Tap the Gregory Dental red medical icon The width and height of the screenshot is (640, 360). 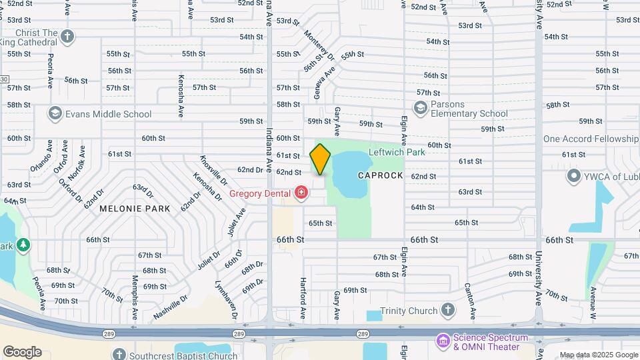[x=301, y=193]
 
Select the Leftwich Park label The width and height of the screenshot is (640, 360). [x=397, y=152]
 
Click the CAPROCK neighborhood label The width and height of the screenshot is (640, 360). [x=380, y=175]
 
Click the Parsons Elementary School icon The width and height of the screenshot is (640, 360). [x=420, y=107]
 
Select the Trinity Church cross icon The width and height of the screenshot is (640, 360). [x=448, y=311]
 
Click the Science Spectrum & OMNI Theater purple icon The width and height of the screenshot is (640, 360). [x=443, y=341]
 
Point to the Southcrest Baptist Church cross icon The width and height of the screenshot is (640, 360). [x=119, y=355]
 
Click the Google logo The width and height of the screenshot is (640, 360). [x=22, y=352]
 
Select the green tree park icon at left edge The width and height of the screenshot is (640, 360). [x=23, y=245]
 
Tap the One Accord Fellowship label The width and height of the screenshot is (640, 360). [x=591, y=139]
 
